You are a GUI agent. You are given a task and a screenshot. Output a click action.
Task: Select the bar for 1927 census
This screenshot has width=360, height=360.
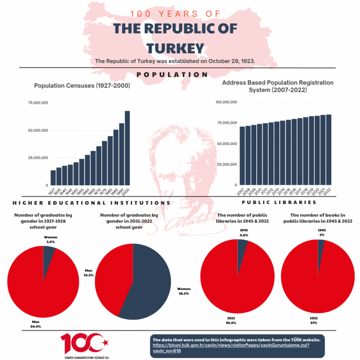(53, 178)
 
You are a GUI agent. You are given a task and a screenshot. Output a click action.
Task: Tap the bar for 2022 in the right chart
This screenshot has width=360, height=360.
(329, 150)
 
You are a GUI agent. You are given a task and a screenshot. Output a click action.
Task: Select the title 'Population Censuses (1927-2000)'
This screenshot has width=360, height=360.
(82, 85)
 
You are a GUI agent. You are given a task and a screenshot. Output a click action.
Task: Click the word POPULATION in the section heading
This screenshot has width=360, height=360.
(172, 74)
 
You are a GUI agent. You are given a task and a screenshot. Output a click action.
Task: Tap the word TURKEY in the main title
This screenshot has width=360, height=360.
(175, 48)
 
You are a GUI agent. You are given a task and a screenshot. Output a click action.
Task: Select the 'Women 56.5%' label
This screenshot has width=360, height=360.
(184, 291)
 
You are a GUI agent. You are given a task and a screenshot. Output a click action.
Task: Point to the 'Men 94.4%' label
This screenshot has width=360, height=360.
(35, 324)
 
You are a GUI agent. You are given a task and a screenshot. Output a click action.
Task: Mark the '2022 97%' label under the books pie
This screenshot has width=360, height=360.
(314, 321)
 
